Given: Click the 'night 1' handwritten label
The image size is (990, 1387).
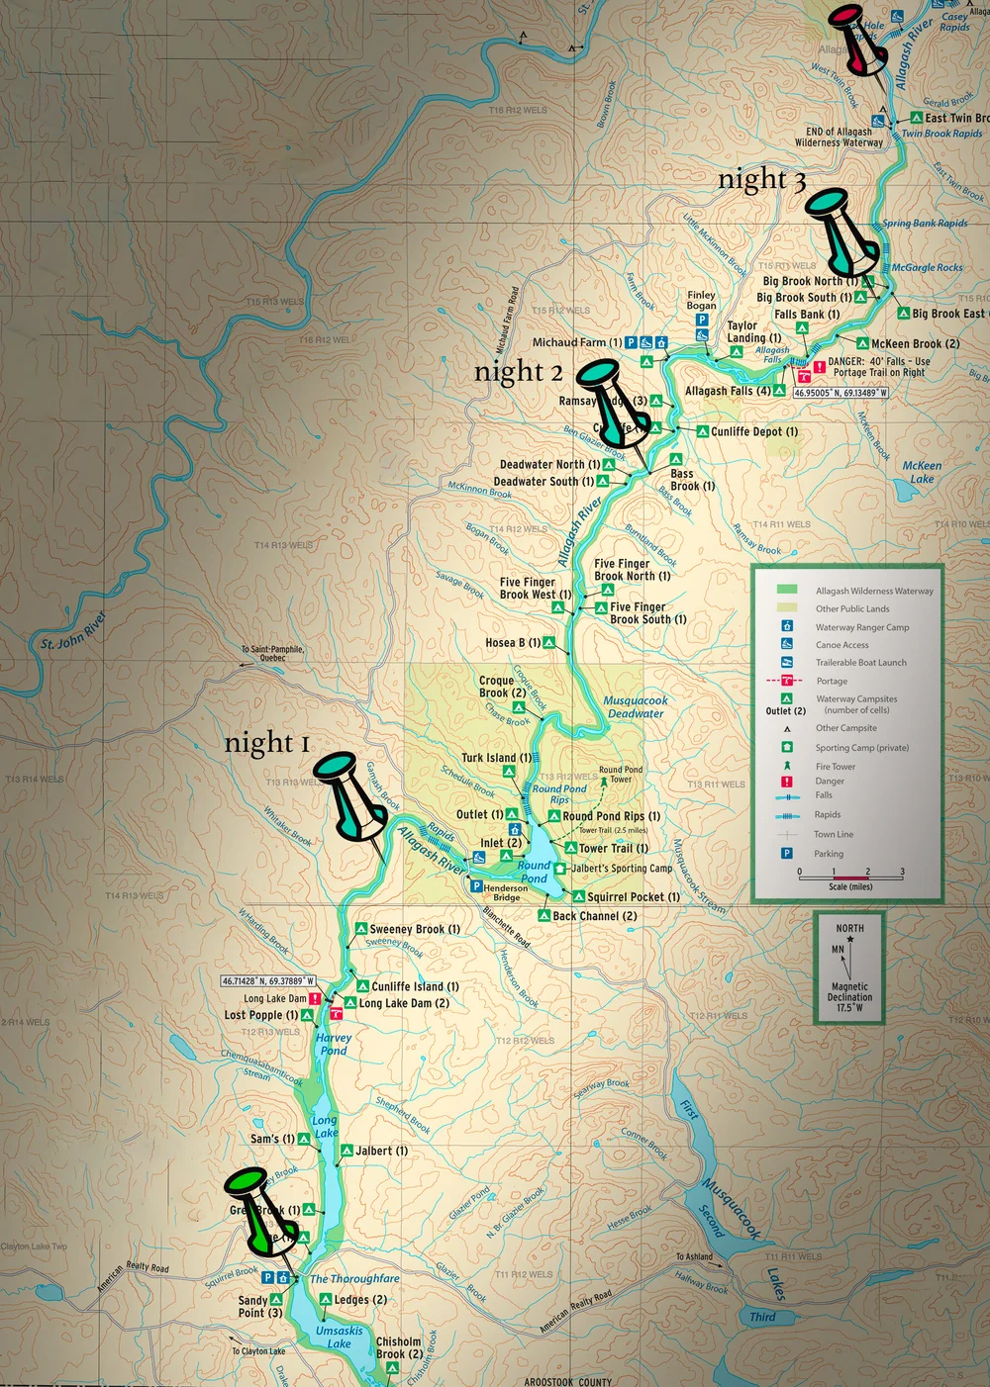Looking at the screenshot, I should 267,743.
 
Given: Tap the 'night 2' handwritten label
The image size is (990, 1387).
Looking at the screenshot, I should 518,372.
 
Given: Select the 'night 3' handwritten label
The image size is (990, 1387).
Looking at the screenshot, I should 761,180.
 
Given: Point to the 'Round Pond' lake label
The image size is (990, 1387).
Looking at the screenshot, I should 534,872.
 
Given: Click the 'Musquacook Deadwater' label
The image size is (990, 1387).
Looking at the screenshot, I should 636,706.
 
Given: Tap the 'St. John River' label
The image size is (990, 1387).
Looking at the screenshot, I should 73,630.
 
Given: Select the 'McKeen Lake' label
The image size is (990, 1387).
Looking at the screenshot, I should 922,472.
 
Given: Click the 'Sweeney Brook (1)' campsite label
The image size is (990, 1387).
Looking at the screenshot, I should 414,929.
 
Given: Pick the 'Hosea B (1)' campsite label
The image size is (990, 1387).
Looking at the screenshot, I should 513,643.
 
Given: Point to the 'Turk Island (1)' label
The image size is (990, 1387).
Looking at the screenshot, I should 496,758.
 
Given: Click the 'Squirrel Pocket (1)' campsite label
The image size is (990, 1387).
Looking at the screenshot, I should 634,897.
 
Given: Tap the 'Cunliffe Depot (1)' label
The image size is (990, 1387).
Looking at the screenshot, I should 754,431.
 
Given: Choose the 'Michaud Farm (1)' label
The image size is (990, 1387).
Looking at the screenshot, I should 577,342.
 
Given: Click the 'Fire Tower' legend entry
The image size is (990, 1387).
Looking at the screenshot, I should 836,767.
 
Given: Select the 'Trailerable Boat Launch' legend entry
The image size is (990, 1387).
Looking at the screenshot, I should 860,663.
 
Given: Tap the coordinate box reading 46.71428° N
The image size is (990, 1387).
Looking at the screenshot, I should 268,981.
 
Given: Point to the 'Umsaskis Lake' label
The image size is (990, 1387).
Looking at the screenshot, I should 339,1337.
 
